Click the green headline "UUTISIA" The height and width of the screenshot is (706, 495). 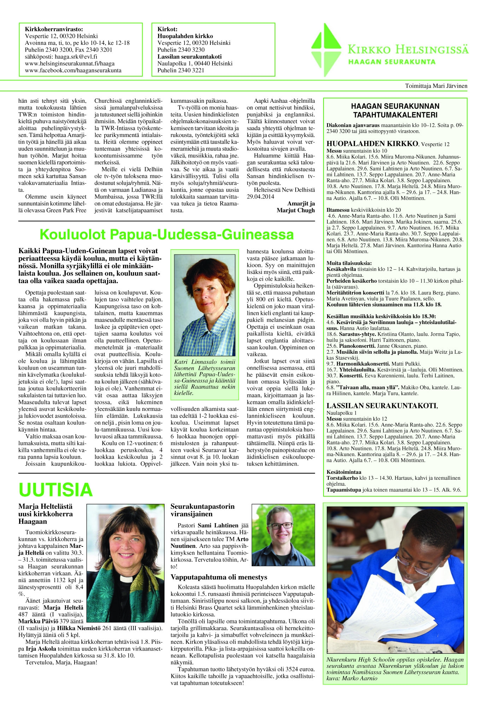coord(56,490)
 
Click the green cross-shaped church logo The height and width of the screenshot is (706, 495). coord(326,50)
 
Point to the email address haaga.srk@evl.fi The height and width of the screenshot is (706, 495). coord(61,56)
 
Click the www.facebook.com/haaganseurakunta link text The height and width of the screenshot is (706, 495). coord(73,70)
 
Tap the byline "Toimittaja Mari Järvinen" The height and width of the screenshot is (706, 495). coord(436,86)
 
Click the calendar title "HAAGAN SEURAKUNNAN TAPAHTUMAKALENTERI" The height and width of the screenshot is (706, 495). coord(395,110)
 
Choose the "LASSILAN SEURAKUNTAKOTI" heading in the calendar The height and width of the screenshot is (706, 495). coord(382,406)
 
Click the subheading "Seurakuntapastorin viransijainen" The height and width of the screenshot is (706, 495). coord(202,510)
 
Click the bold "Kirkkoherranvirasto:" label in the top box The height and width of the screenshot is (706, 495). coord(54,29)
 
